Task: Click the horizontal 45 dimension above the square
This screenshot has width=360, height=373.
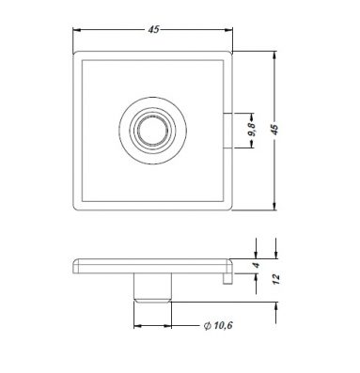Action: [x=153, y=30]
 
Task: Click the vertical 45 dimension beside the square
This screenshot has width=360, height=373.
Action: [x=274, y=130]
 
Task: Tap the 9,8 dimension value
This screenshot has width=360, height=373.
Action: [x=252, y=130]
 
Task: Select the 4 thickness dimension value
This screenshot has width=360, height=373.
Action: [x=257, y=265]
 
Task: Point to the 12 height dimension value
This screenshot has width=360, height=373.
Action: [x=276, y=279]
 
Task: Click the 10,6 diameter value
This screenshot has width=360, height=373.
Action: [x=223, y=325]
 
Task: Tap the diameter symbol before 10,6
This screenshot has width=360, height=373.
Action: [x=207, y=326]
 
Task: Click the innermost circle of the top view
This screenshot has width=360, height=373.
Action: [x=153, y=131]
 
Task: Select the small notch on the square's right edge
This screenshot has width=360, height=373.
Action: [x=227, y=130]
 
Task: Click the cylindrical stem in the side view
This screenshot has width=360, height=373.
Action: [x=152, y=288]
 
